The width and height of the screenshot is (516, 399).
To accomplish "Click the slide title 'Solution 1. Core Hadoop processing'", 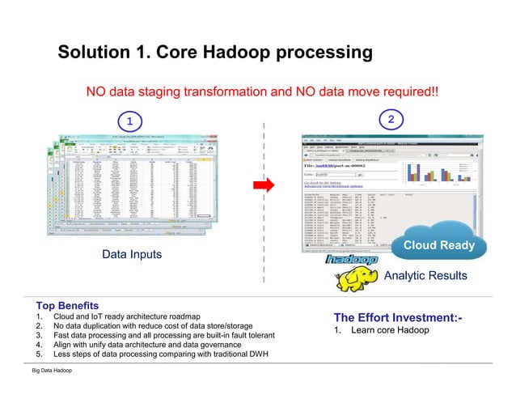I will click(x=214, y=53).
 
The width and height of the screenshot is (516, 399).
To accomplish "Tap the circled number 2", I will click(x=391, y=120).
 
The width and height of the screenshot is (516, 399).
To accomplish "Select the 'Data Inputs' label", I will click(x=131, y=254).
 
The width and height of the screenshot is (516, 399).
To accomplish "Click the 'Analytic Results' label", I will click(x=425, y=276).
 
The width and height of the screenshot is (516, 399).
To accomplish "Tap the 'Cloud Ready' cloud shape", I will click(x=438, y=244).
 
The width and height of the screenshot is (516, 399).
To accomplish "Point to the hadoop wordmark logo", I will click(x=351, y=261).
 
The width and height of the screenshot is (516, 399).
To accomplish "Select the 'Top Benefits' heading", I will click(x=67, y=306).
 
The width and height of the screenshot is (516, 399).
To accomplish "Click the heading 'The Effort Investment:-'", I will click(x=398, y=317).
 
